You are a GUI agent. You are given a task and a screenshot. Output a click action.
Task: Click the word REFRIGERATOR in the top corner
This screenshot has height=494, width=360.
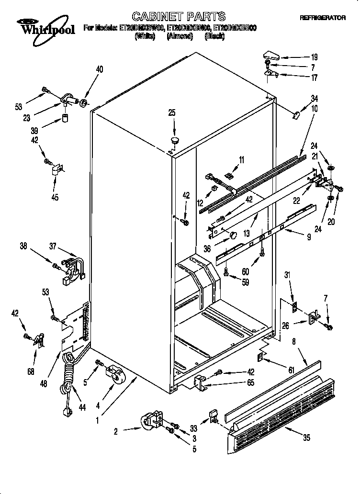(x=323, y=18)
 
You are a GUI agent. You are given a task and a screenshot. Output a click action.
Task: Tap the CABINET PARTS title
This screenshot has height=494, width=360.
(x=172, y=17)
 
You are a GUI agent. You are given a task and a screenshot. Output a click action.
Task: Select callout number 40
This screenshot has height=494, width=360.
(x=99, y=69)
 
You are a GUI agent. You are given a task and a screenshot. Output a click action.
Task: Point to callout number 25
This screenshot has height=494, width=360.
(x=172, y=113)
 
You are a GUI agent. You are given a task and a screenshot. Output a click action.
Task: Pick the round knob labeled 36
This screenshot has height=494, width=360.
(x=233, y=235)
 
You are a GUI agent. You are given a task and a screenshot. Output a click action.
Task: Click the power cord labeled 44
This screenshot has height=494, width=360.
(x=68, y=383)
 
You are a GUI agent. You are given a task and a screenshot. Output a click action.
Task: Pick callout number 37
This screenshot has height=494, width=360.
(x=53, y=247)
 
